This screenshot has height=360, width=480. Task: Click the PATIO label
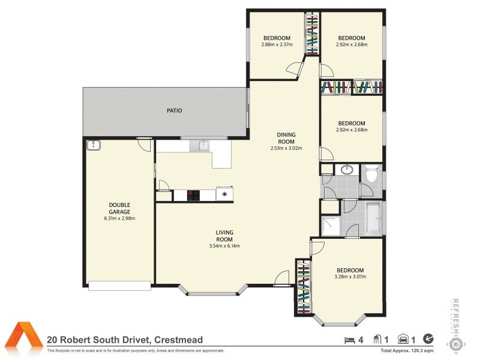pos(175,110)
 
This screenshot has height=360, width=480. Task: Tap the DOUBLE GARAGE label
pos(119,208)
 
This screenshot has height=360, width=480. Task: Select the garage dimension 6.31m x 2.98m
pos(119,218)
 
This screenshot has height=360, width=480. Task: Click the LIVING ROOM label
pos(225,235)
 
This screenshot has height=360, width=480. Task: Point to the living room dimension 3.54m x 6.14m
pos(225,245)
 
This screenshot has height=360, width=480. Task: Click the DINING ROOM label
pos(286,138)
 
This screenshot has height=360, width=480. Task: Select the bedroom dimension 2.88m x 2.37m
pos(276,45)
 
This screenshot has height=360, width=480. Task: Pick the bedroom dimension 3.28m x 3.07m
pos(350,277)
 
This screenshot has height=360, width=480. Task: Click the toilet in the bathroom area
pos(371,175)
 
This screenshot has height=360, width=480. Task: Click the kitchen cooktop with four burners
pos(194,194)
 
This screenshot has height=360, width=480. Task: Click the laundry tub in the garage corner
pos(93,145)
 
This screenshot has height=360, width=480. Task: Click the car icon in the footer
pos(404,340)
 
